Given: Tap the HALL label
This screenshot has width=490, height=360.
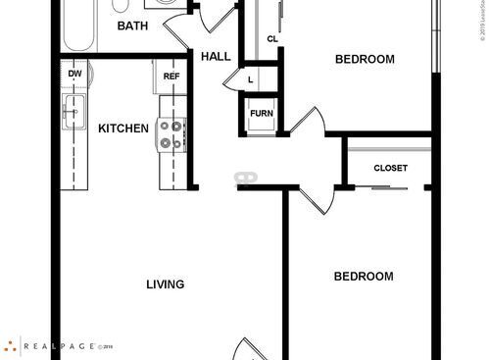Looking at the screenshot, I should (216, 57).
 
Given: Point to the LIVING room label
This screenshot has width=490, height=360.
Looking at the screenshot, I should (166, 284).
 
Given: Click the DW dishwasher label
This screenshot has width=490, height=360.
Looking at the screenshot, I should (74, 75).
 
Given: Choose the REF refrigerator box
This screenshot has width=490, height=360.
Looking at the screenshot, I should (171, 77).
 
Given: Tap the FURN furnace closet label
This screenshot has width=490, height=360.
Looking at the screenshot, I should (261, 114).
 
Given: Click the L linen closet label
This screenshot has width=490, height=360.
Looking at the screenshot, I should (251, 79).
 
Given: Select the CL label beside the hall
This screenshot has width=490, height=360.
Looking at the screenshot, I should (272, 40).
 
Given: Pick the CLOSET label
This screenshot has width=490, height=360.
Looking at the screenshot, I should (390, 168).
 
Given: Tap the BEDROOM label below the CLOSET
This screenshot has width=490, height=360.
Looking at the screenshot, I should (364, 277).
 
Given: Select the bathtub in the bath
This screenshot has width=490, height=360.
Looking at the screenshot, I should (77, 24).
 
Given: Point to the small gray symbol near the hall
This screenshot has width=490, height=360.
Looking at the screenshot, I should (245, 178).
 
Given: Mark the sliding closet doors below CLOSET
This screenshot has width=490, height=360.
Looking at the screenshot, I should (390, 183).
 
